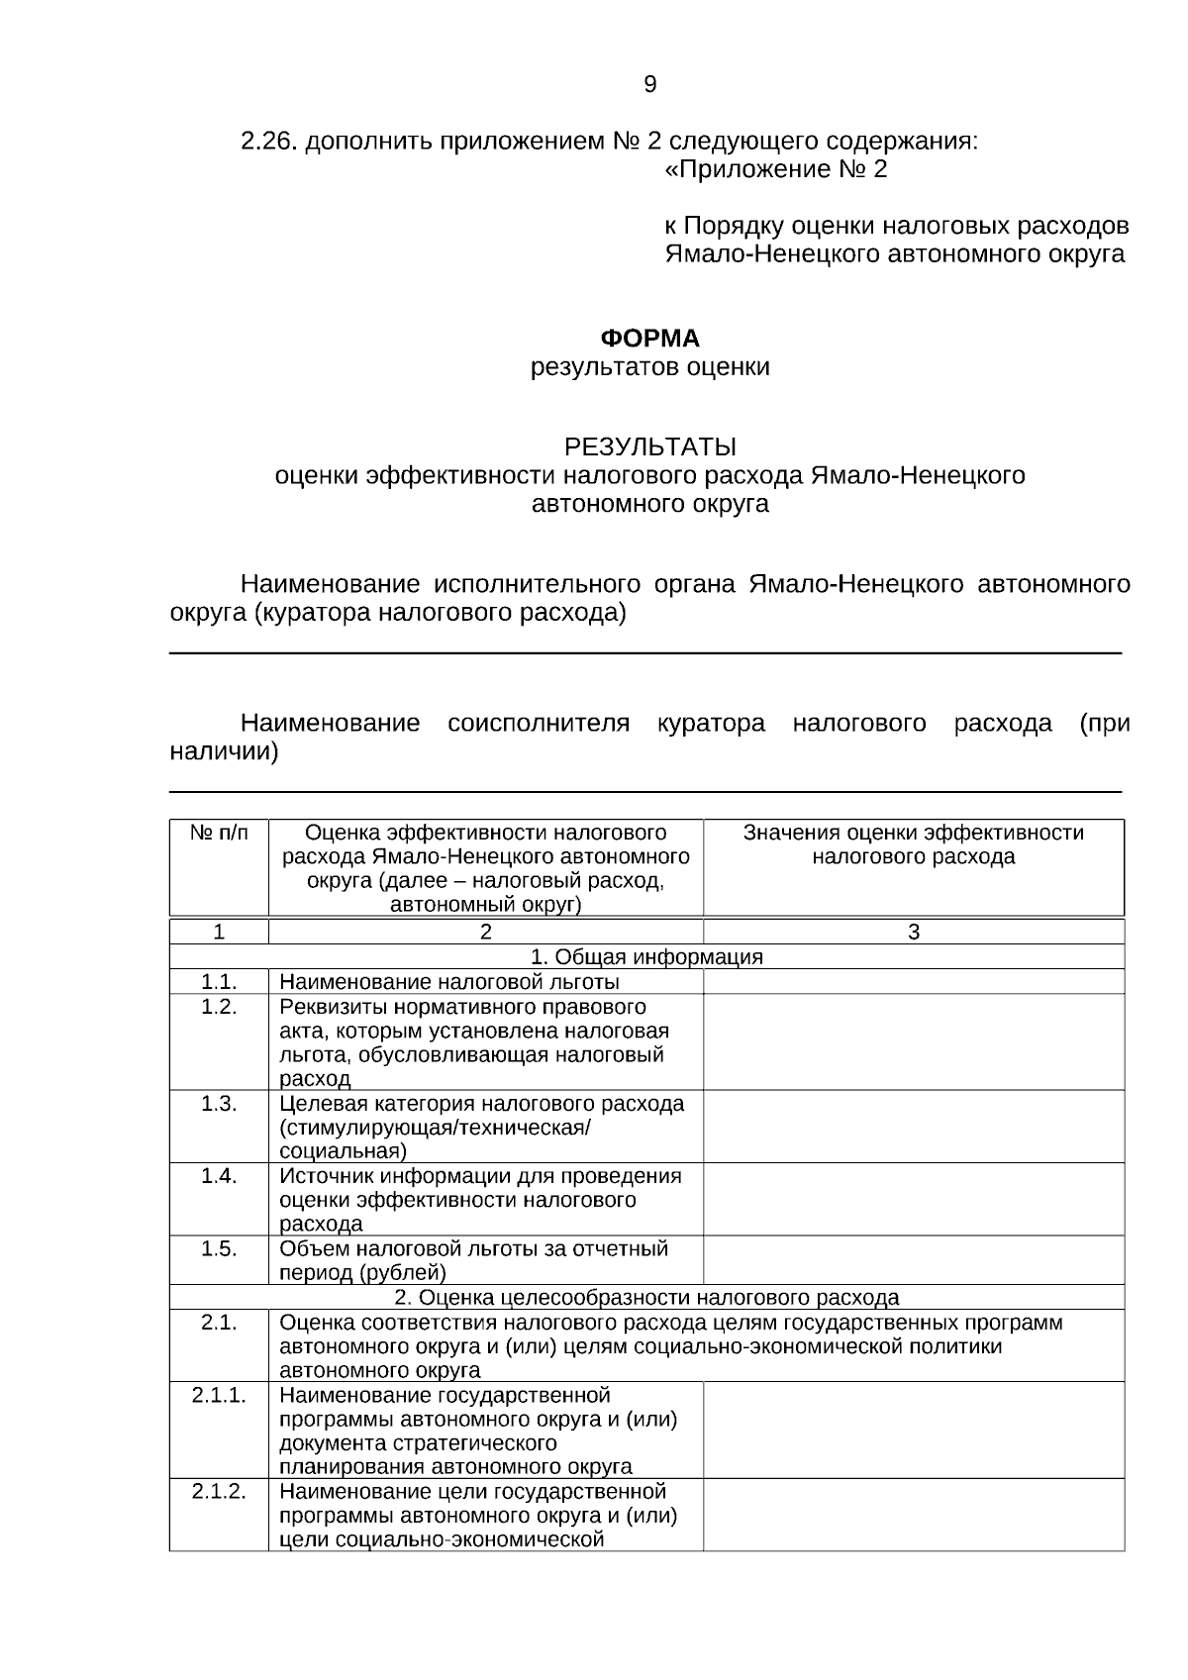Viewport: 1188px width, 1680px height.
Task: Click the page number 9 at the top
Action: pyautogui.click(x=649, y=85)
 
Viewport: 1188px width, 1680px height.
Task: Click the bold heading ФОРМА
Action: pyautogui.click(x=649, y=339)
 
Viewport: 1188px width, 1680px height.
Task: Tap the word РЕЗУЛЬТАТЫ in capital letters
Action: pyautogui.click(x=649, y=446)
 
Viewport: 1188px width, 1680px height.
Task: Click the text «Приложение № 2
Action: pyautogui.click(x=775, y=169)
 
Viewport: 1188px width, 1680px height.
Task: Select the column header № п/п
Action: pyautogui.click(x=219, y=834)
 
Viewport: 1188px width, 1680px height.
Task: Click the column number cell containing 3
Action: pyautogui.click(x=913, y=932)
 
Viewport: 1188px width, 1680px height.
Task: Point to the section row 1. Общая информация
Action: pyautogui.click(x=646, y=956)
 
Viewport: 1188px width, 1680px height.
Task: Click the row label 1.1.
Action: pyautogui.click(x=219, y=981)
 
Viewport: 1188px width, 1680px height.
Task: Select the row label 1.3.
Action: pyautogui.click(x=219, y=1103)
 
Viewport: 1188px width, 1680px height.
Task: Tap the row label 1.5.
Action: pyautogui.click(x=219, y=1248)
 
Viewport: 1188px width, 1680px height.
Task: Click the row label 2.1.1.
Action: pyautogui.click(x=219, y=1395)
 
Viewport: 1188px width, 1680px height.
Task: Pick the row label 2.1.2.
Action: pyautogui.click(x=219, y=1491)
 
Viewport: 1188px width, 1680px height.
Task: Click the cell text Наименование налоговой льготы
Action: pyautogui.click(x=449, y=982)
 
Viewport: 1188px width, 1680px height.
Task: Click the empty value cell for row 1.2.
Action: pyautogui.click(x=913, y=1041)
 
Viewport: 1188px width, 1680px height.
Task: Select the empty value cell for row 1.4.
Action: pyautogui.click(x=913, y=1199)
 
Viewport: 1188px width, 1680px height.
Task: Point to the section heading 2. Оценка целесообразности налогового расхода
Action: pyautogui.click(x=646, y=1297)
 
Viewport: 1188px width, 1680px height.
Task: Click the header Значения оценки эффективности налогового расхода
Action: pyautogui.click(x=913, y=844)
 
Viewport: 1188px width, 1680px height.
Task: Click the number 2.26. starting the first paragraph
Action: pyautogui.click(x=268, y=141)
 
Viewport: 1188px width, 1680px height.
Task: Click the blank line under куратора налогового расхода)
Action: pyautogui.click(x=645, y=651)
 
